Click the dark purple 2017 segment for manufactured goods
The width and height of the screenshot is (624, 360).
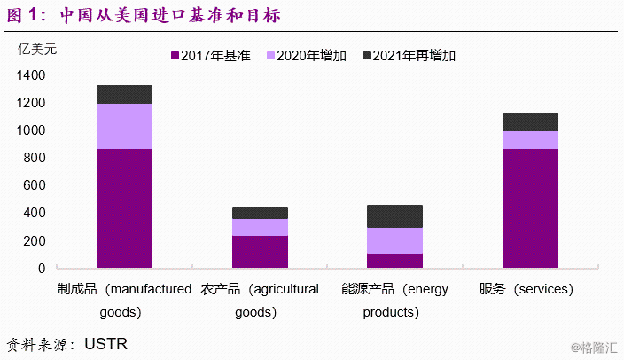(x=124, y=207)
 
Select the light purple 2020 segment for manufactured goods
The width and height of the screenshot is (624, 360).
(x=124, y=126)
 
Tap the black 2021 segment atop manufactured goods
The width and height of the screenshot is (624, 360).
(x=124, y=94)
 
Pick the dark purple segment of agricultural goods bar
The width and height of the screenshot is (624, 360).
(x=260, y=251)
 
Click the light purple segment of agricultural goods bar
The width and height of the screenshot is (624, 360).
(x=260, y=227)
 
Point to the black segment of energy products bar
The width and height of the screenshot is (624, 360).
(x=394, y=216)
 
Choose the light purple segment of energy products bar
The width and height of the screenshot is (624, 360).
(x=394, y=240)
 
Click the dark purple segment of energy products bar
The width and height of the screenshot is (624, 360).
(x=394, y=260)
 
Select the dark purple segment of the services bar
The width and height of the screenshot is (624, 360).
(x=530, y=207)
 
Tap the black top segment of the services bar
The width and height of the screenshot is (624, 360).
(x=530, y=121)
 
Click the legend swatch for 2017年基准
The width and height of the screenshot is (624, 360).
(x=175, y=56)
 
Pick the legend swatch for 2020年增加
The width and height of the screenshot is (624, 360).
(x=270, y=56)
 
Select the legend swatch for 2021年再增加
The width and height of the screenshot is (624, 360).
(x=367, y=56)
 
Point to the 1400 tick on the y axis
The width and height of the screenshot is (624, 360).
(x=31, y=76)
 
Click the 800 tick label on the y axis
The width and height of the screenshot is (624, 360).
(x=35, y=158)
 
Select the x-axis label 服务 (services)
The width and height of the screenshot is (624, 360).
(x=526, y=289)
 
